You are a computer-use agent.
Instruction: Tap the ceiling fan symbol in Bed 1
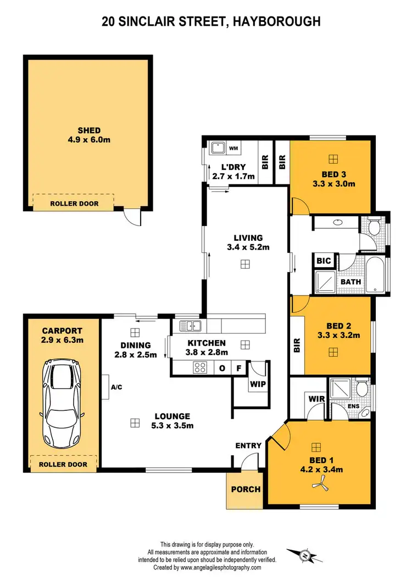319,482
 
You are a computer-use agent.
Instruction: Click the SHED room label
88,131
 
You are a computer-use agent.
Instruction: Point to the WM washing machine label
233,148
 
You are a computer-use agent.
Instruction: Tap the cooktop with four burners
200,368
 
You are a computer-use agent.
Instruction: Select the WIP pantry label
257,384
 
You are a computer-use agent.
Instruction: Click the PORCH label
245,489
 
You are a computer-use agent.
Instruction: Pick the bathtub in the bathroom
377,275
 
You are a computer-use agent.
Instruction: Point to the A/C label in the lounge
116,387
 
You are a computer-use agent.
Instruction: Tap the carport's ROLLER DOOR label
63,464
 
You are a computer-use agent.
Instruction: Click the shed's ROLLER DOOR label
74,204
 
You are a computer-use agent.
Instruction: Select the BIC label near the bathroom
324,261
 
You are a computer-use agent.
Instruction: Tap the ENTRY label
248,445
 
